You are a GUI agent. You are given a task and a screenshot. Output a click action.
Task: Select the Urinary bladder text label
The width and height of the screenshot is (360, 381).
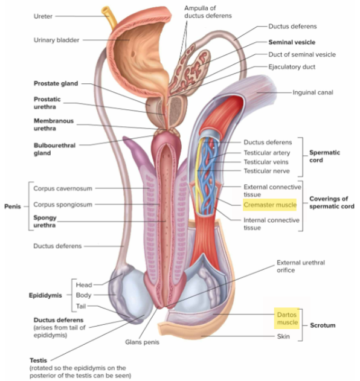(x=56, y=40)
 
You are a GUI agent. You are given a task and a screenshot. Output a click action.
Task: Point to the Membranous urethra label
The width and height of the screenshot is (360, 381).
(x=54, y=125)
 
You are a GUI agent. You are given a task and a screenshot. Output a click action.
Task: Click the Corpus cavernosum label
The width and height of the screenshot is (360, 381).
(x=63, y=188)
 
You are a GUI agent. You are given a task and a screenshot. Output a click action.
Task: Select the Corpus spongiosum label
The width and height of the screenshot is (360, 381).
(x=63, y=205)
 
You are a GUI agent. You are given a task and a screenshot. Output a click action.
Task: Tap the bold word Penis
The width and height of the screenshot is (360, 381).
(x=12, y=207)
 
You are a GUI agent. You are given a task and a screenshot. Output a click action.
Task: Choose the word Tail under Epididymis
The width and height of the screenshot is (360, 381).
(x=81, y=306)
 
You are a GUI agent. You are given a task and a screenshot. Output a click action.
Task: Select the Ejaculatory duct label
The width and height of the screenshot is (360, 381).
(x=292, y=66)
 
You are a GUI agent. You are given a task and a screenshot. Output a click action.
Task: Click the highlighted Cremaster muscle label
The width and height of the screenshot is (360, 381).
(x=269, y=205)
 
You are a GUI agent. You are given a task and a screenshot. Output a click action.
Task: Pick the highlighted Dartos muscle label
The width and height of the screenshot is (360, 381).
(x=287, y=318)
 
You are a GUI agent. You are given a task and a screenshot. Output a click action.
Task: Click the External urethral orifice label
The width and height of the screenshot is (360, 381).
(x=300, y=266)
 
